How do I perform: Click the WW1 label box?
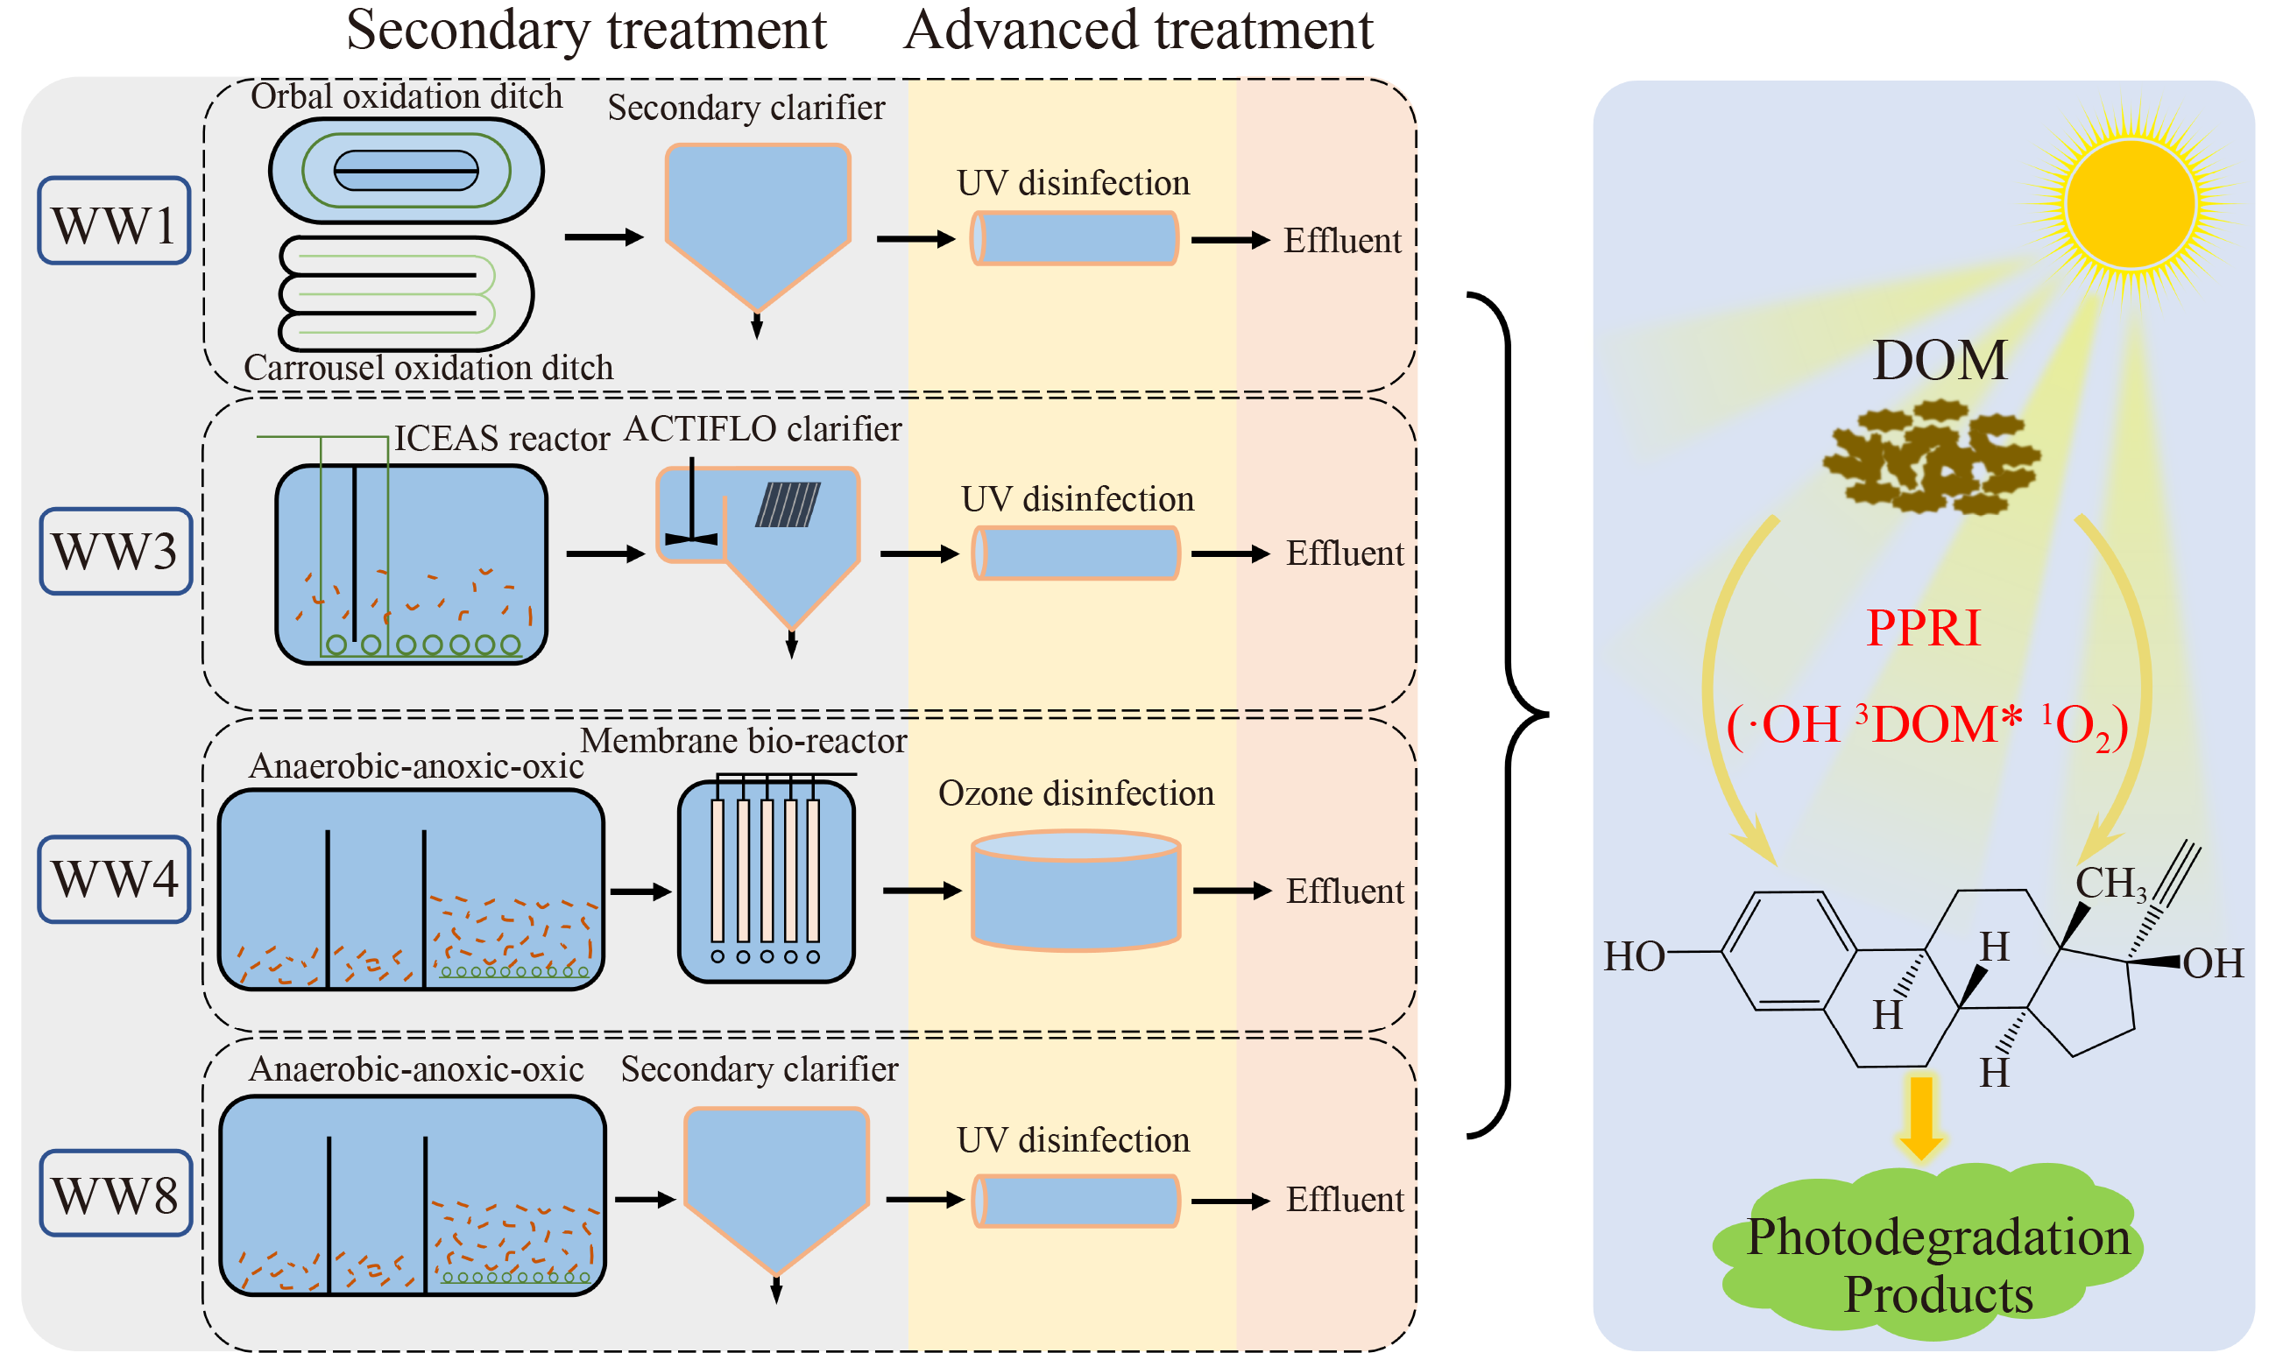(x=114, y=222)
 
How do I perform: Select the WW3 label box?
(x=116, y=552)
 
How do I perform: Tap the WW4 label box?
(x=114, y=879)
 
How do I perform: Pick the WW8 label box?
(x=116, y=1194)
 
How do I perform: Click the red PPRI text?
(x=1923, y=628)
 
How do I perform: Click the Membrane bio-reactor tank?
(x=766, y=882)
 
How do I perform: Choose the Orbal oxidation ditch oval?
(x=406, y=171)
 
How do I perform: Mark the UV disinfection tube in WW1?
(x=1074, y=239)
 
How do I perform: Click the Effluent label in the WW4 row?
(x=1344, y=891)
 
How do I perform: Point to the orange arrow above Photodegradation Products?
(x=1921, y=1117)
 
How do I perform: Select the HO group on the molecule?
(x=1633, y=957)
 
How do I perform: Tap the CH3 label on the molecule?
(x=2110, y=884)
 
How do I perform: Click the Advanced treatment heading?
(x=1138, y=29)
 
